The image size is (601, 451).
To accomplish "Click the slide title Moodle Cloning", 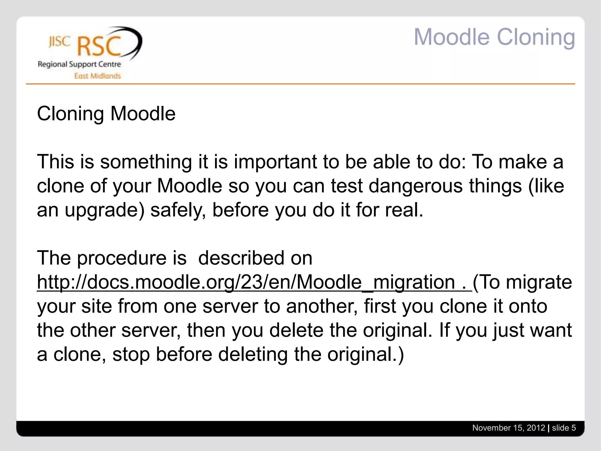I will (x=494, y=37).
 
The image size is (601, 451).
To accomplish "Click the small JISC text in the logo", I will (x=60, y=42).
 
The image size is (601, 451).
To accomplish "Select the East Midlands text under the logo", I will (x=97, y=76).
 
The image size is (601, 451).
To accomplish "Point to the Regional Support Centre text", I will (x=79, y=64).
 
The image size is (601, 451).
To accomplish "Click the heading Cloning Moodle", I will (x=106, y=114).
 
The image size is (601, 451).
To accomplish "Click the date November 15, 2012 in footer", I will (x=508, y=428).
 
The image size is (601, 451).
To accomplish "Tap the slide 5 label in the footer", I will (x=564, y=428).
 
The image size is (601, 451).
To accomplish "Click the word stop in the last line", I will (x=130, y=354).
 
